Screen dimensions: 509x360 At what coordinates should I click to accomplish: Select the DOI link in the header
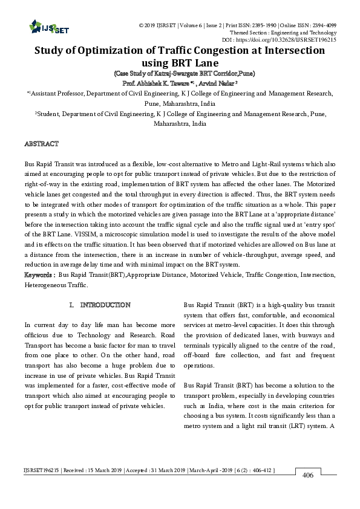click(303, 39)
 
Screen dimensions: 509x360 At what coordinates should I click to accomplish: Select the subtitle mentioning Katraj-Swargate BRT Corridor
click(180, 73)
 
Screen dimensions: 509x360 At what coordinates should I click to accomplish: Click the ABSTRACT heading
click(41, 144)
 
